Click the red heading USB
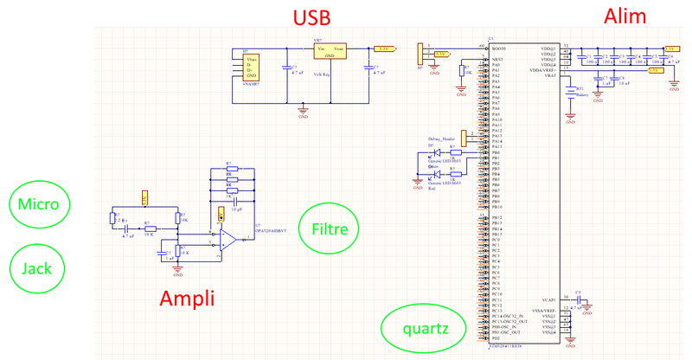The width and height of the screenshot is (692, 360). (312, 18)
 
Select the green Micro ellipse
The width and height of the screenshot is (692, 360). (38, 204)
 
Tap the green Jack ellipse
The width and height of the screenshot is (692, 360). (37, 268)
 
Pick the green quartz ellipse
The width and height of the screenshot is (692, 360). (426, 329)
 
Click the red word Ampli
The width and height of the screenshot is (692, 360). (187, 299)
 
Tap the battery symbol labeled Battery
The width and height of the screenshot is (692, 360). (571, 90)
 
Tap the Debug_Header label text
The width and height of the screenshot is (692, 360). (441, 138)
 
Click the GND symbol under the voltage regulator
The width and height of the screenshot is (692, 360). (303, 107)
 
